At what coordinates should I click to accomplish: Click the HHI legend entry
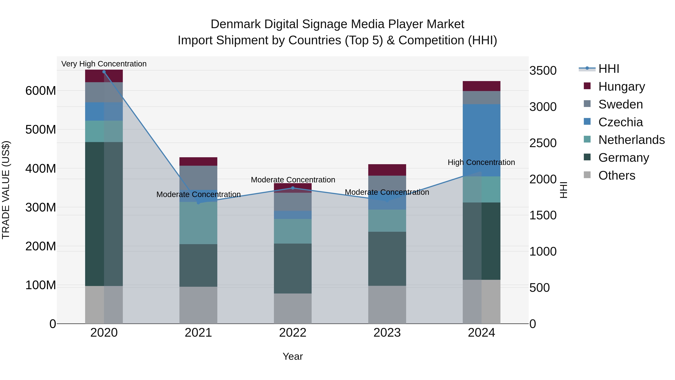point(608,69)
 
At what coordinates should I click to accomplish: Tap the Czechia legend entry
point(620,122)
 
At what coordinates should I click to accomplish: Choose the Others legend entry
point(616,175)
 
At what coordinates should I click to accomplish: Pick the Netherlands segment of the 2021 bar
point(198,223)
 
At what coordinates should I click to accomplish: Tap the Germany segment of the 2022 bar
point(293,268)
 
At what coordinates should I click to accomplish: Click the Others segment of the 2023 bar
point(387,305)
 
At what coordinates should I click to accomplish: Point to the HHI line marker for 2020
point(104,72)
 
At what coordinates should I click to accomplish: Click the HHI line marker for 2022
point(293,188)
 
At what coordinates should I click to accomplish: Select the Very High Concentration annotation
point(104,64)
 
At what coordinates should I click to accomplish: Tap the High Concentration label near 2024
point(481,162)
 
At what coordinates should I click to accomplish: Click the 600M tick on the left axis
point(41,91)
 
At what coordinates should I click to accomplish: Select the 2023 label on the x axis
point(387,333)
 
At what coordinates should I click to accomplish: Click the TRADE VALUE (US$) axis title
point(6,190)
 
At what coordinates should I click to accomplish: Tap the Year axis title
point(293,356)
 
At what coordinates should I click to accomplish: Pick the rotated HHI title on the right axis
point(563,190)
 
